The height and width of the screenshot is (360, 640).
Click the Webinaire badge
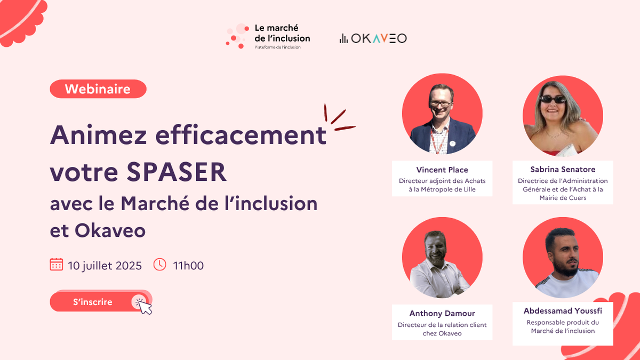point(98,89)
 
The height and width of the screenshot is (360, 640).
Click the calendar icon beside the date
point(57,265)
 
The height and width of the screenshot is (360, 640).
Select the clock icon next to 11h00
point(159,265)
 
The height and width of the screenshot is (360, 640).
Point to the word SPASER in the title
point(177,172)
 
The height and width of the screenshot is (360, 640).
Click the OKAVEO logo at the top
point(373,38)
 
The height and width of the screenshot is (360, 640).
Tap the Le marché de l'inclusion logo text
point(282,33)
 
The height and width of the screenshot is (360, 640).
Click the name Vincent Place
point(442,170)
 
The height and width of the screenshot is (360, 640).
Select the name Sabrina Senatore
point(563,170)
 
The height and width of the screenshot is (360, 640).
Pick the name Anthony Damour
point(442,314)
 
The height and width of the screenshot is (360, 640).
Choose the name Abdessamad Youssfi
point(563,311)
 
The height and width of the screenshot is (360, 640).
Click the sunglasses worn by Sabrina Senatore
point(553,99)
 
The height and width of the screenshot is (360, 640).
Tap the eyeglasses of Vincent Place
point(441,103)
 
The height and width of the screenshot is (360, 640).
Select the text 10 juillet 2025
point(105,266)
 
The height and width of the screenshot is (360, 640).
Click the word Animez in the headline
point(98,135)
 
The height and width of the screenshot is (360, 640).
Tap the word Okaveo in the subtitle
point(110,230)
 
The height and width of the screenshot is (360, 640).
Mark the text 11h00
point(188,266)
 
